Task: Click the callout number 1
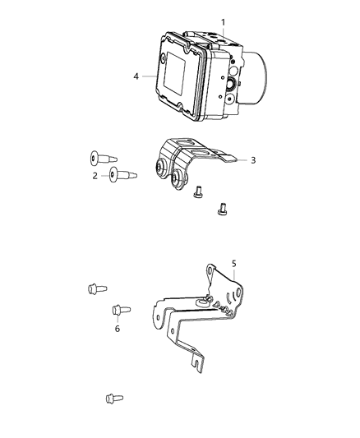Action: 221,20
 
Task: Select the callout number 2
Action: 95,175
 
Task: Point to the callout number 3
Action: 254,160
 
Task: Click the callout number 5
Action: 234,264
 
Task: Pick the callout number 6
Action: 117,328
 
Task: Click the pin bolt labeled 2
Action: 124,173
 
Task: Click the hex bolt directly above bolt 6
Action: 95,288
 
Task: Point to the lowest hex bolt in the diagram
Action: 113,399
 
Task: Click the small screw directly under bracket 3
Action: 197,192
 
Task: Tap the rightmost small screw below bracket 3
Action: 220,210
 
